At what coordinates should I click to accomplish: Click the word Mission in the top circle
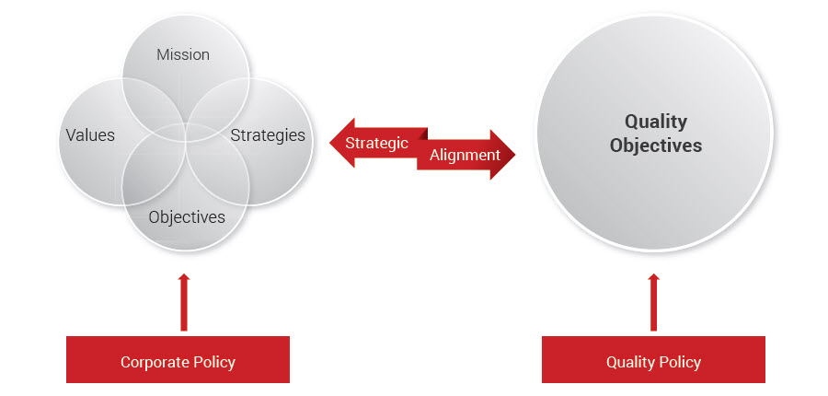coord(183,54)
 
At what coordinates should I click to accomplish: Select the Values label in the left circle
coord(90,135)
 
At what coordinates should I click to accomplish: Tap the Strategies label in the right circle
coord(268,135)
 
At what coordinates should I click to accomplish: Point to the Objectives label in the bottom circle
coord(187,217)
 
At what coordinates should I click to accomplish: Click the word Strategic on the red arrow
coord(376,143)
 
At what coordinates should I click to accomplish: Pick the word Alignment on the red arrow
coord(465,155)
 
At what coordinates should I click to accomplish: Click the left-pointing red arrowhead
coord(339,143)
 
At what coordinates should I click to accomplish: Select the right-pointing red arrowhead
coord(504,155)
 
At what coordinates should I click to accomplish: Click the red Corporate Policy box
coord(178,359)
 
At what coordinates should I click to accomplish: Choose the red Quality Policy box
coord(653,359)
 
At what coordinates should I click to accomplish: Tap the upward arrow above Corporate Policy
coord(184,301)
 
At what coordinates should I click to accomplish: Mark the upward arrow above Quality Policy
coord(654,301)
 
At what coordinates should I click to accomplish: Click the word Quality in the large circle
coord(656,122)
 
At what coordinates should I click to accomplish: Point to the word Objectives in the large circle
coord(656,146)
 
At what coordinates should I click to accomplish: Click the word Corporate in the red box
coord(153,362)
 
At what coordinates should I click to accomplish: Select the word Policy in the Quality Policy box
coord(679,362)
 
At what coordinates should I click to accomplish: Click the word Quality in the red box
coord(629,362)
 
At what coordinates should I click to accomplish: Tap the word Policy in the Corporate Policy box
coord(213,362)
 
